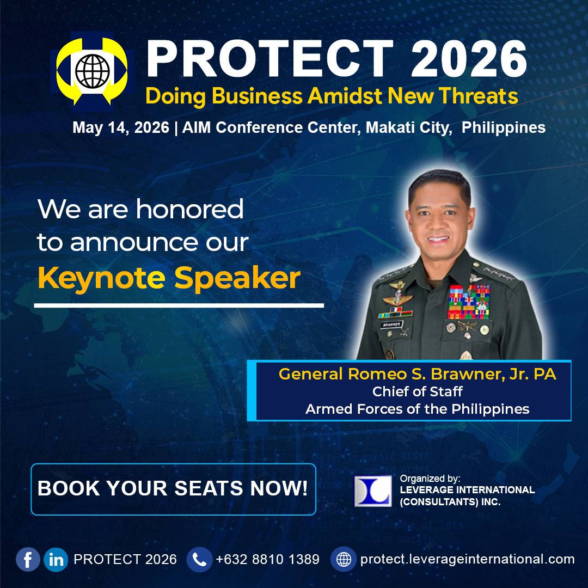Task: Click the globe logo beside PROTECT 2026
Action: point(92,70)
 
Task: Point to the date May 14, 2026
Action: point(120,128)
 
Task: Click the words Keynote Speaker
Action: point(169,278)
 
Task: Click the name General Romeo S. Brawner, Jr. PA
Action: point(417,375)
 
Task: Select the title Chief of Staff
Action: point(417,391)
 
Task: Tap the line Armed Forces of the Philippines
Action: point(417,409)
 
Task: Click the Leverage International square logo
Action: point(373,491)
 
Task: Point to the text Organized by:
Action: point(430,479)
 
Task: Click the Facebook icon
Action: point(28,559)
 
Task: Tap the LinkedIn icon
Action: point(56,559)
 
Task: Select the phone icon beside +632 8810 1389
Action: point(199,559)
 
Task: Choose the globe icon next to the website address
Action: point(344,559)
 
